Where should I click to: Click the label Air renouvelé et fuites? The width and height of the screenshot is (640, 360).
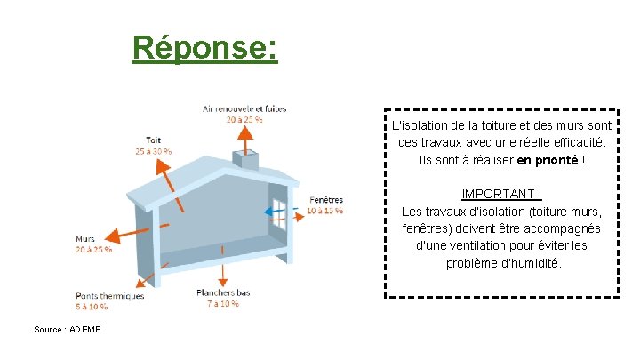(x=244, y=109)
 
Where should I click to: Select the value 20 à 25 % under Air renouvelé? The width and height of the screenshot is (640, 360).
(x=244, y=119)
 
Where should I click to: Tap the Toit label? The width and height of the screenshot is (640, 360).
(x=154, y=140)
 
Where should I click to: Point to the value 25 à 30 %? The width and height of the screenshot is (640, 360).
(x=154, y=151)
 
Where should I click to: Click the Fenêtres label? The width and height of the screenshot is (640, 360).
(x=326, y=200)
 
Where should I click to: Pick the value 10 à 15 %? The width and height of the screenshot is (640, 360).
(x=325, y=211)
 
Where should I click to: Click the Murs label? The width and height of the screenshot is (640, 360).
(x=85, y=239)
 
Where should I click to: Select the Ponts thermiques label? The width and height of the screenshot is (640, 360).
(x=109, y=296)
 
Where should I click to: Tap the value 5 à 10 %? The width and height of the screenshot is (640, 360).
(x=92, y=307)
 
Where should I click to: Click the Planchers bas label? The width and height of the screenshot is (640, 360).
(x=223, y=292)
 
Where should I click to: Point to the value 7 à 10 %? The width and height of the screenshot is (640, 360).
(x=223, y=304)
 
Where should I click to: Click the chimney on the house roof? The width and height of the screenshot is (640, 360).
(x=244, y=161)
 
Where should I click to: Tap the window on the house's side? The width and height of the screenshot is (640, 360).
(x=281, y=214)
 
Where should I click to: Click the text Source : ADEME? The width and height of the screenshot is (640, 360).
(x=68, y=330)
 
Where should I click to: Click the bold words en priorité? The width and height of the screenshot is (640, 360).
(x=548, y=160)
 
